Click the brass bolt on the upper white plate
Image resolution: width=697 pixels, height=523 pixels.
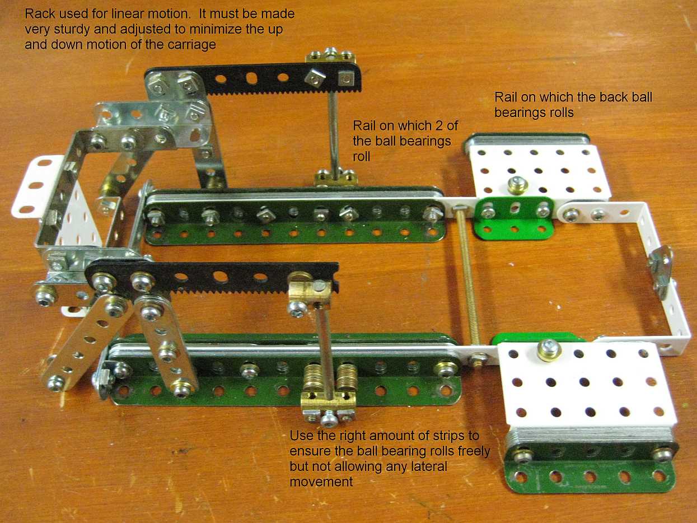coord(517,185)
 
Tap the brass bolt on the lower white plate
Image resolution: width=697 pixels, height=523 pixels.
coord(549,350)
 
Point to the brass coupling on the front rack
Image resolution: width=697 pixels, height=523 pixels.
coord(310,293)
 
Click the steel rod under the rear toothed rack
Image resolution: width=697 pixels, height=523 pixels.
coord(334,133)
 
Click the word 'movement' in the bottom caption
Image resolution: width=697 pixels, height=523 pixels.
coord(321,482)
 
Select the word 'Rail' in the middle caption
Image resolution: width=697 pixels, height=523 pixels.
coord(364,126)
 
